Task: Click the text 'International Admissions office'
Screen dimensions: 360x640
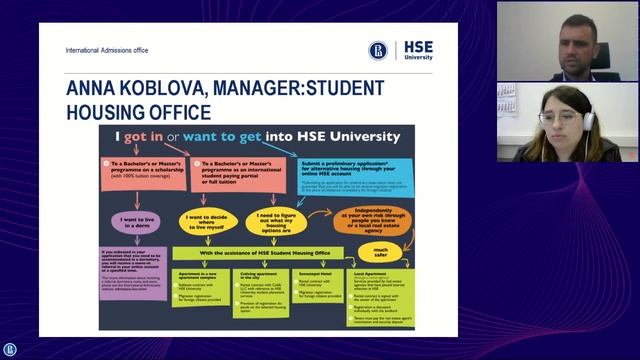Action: click(106, 50)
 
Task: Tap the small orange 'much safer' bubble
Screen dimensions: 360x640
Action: click(381, 252)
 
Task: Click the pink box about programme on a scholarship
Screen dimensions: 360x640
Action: click(144, 166)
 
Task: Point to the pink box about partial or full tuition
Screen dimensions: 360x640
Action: click(240, 167)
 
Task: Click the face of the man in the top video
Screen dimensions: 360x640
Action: click(573, 37)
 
